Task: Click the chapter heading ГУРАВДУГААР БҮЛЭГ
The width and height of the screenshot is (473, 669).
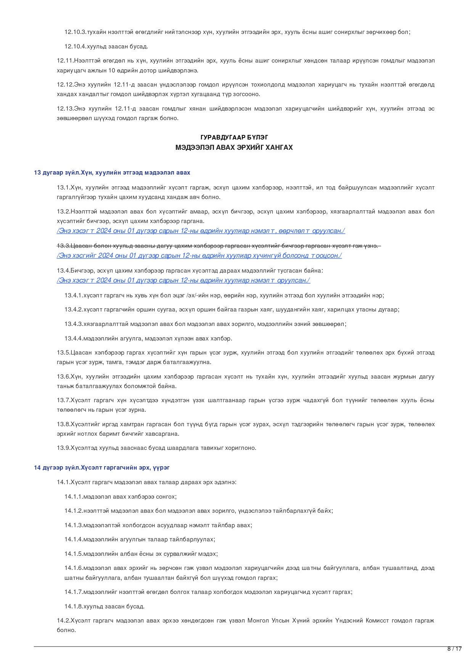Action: [x=234, y=137]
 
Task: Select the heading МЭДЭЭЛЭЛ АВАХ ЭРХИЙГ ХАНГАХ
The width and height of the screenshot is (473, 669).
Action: [x=234, y=148]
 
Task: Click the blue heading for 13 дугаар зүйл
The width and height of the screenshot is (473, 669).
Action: [x=112, y=173]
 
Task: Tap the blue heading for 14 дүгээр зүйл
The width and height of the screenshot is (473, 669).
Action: [x=101, y=467]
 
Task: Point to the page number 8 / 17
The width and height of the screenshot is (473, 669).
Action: [x=454, y=649]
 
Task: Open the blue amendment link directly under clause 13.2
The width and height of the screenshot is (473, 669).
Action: [x=201, y=231]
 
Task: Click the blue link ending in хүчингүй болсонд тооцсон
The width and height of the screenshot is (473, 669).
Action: [x=199, y=256]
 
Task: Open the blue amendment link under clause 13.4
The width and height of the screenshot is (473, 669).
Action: [x=183, y=281]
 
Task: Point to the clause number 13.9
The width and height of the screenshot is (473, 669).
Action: [x=63, y=448]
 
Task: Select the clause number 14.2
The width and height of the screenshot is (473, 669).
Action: [x=63, y=621]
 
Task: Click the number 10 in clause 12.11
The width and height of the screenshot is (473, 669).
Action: [x=111, y=71]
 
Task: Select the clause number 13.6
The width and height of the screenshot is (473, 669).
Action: [x=63, y=377]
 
